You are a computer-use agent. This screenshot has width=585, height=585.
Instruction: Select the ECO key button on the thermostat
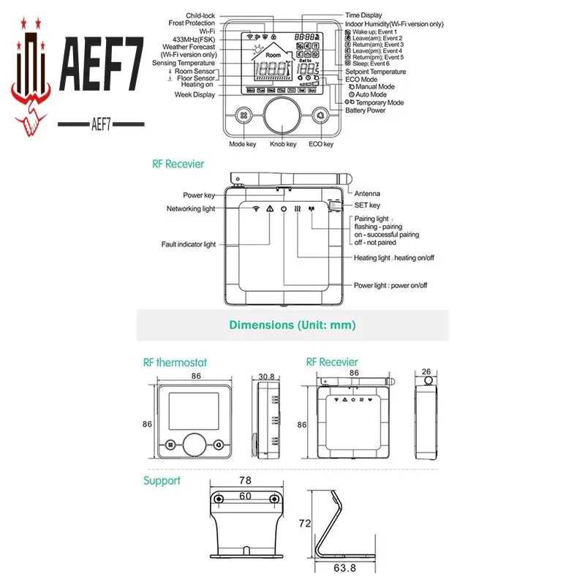click(x=320, y=116)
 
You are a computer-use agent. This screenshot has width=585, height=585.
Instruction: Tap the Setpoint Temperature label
click(x=375, y=72)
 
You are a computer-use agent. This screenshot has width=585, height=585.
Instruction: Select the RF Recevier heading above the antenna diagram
click(x=178, y=165)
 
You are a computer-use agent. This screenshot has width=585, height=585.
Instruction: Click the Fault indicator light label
click(x=189, y=244)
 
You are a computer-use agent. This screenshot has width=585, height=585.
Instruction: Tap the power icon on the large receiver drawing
click(x=284, y=208)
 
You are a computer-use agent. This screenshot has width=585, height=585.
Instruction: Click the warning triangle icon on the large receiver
click(x=270, y=208)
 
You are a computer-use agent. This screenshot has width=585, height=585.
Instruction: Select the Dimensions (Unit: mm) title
click(x=292, y=325)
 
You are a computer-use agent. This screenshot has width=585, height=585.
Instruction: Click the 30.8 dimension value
click(x=266, y=377)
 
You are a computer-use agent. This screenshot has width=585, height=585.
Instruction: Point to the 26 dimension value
click(x=427, y=371)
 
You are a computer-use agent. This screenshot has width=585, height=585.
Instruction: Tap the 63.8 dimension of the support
click(x=345, y=567)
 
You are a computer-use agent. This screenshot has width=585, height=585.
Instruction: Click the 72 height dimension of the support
click(x=304, y=523)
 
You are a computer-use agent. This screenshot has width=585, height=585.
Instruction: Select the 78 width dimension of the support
click(x=245, y=480)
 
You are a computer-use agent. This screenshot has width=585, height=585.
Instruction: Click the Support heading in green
click(x=162, y=480)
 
